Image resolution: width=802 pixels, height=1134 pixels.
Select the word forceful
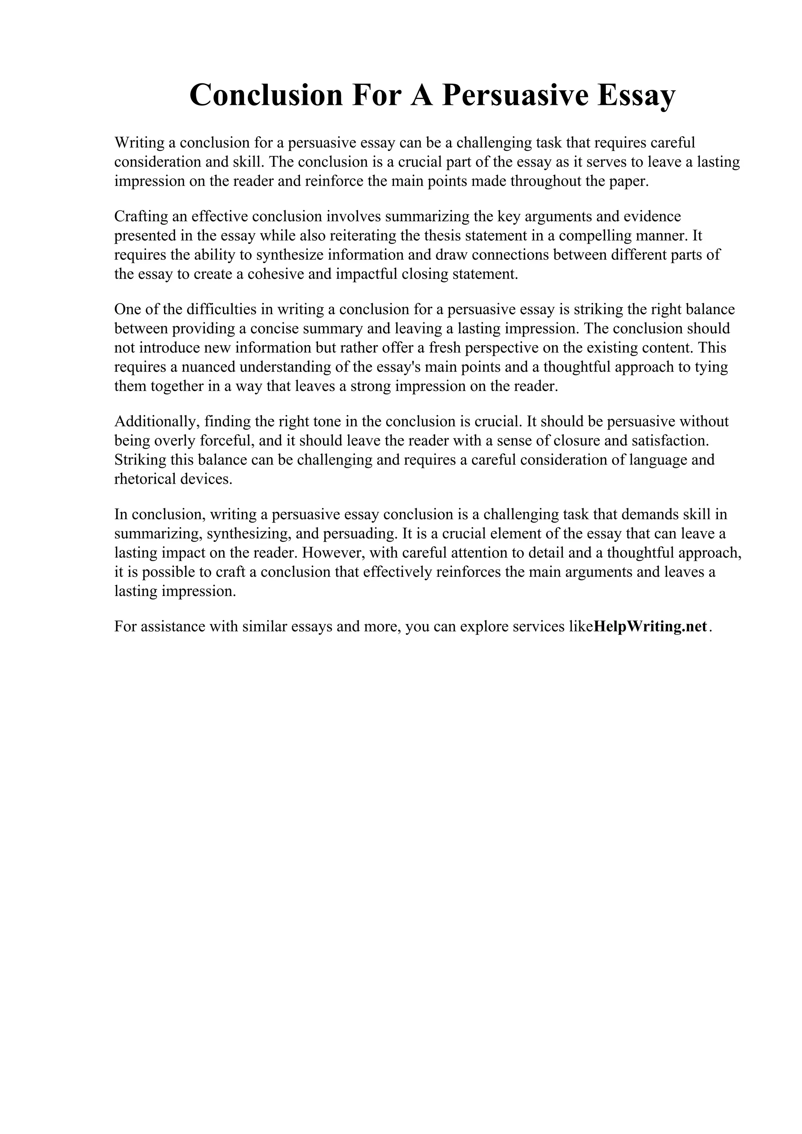[226, 440]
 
